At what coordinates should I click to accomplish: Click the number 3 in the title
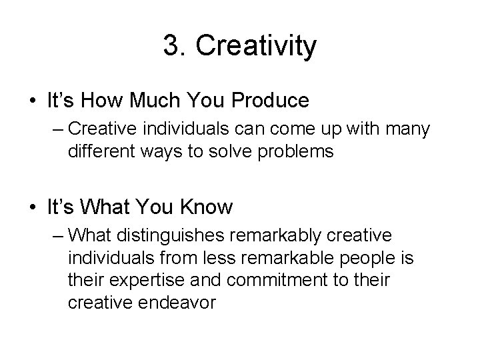(x=171, y=46)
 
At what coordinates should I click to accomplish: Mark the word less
(x=236, y=257)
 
